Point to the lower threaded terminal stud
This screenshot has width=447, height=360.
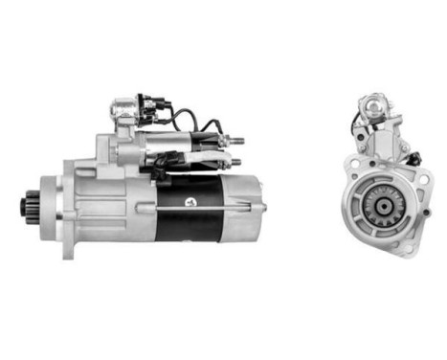click(x=236, y=157)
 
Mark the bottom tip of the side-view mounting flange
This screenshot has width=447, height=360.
click(x=68, y=254)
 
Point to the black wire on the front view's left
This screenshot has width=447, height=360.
click(x=356, y=124)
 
